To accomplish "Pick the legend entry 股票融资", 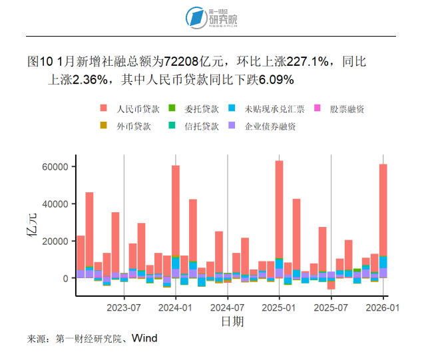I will [347, 108].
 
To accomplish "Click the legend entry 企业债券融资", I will [270, 126].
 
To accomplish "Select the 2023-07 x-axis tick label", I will [124, 308].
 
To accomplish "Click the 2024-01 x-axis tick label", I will [176, 308].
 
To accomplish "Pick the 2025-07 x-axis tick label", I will [331, 308].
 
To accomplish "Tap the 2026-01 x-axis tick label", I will [383, 308].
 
